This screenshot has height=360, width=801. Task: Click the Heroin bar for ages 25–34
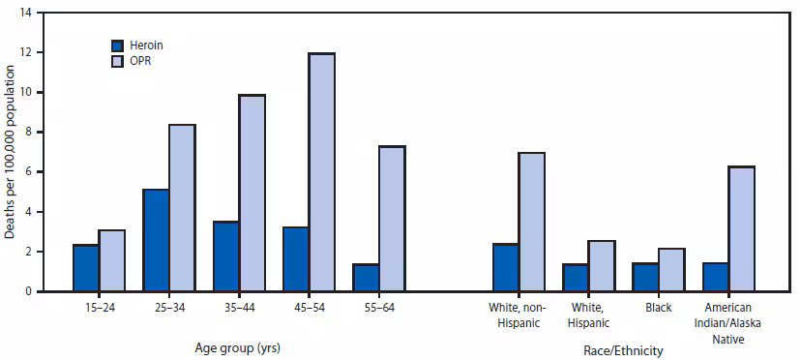click(x=156, y=240)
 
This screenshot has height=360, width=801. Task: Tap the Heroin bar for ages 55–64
click(x=366, y=277)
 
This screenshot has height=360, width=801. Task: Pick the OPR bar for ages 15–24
click(x=112, y=260)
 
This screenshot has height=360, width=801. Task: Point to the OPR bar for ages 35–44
click(x=252, y=193)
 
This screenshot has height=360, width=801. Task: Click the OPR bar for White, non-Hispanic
click(x=531, y=222)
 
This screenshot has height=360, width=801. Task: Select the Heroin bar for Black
click(x=645, y=277)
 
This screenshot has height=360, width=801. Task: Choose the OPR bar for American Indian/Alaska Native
click(x=741, y=228)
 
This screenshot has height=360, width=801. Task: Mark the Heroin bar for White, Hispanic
click(x=576, y=277)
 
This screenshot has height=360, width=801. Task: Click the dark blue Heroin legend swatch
click(x=118, y=45)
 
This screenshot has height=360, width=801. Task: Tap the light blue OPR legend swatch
click(x=118, y=61)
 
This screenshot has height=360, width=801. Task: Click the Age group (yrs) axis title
click(x=238, y=345)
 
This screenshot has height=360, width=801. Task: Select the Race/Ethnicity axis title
click(x=624, y=350)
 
